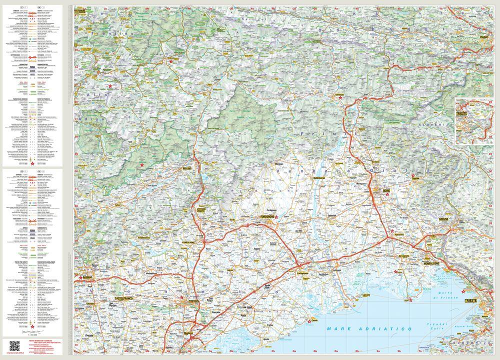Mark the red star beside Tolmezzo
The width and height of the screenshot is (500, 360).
[x=341, y=98]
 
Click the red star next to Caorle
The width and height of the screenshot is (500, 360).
[x=309, y=321]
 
